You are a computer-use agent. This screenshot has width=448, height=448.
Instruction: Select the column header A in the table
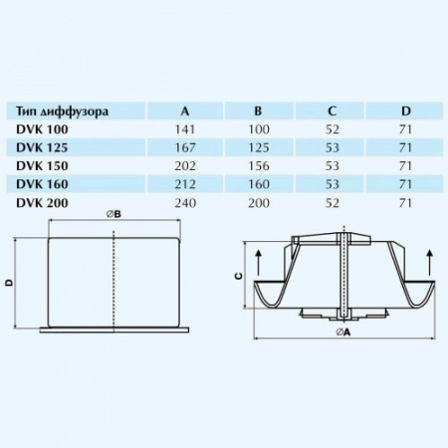coord(186,111)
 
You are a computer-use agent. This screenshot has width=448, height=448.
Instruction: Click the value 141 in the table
coord(186,129)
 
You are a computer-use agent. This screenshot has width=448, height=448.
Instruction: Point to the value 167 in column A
coord(186,147)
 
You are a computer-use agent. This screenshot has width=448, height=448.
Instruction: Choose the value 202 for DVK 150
coord(186,165)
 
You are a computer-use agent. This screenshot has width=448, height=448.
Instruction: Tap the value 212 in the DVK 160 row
coord(186,183)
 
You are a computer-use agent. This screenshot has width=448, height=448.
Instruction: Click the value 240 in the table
coord(186,202)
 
